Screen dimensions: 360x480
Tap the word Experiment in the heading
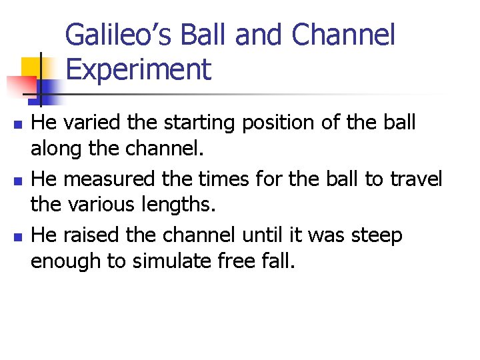[x=139, y=69]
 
